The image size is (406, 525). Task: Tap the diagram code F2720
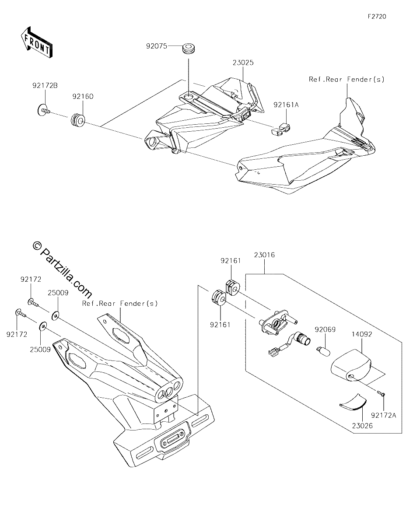[x=377, y=17]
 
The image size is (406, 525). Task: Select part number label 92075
[x=157, y=46]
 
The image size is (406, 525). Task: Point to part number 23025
[x=243, y=63]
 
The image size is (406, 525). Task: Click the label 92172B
[x=45, y=85]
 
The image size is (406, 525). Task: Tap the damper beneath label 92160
[x=78, y=120]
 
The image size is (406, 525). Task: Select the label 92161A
[x=286, y=105]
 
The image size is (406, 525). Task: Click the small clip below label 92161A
[x=281, y=129]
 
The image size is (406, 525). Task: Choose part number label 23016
[x=264, y=255]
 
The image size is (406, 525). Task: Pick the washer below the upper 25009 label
[x=56, y=315]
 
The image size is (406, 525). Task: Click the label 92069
[x=325, y=329]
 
